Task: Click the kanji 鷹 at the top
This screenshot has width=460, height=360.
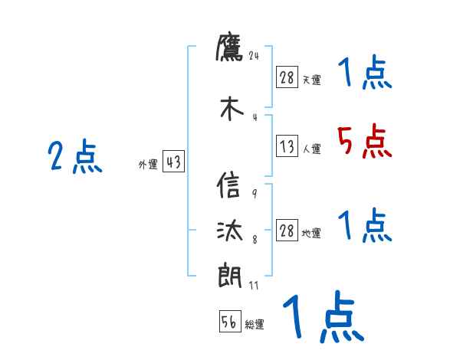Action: click(x=229, y=48)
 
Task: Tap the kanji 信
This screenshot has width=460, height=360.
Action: click(x=229, y=188)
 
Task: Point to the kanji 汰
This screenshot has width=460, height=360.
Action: click(x=230, y=231)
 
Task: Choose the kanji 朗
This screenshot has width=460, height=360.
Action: click(x=230, y=273)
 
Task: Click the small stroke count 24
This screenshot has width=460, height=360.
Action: click(x=255, y=55)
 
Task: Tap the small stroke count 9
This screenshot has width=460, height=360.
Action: click(x=254, y=194)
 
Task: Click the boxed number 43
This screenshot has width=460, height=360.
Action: click(x=173, y=162)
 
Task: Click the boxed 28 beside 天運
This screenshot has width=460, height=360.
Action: click(x=287, y=77)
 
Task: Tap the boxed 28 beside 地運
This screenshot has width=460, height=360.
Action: click(x=287, y=231)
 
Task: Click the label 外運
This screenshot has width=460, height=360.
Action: click(x=147, y=164)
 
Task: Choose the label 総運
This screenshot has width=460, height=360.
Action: click(x=255, y=325)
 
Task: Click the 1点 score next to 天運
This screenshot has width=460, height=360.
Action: click(x=364, y=74)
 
